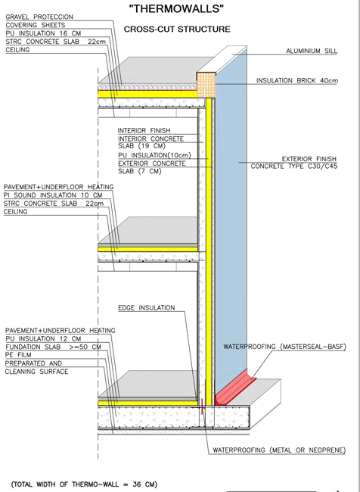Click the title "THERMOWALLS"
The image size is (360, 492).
pyautogui.click(x=177, y=8)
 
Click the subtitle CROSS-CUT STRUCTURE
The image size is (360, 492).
pyautogui.click(x=177, y=30)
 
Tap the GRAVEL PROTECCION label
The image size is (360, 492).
pyautogui.click(x=39, y=17)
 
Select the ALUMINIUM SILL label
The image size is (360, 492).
pyautogui.click(x=312, y=51)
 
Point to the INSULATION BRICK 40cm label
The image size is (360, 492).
pyautogui.click(x=297, y=81)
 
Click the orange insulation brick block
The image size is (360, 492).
pyautogui.click(x=206, y=85)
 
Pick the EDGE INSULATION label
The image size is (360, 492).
pyautogui.click(x=147, y=308)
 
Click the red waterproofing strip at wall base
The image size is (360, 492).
pyautogui.click(x=235, y=388)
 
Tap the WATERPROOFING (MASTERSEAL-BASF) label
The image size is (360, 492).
pyautogui.click(x=284, y=347)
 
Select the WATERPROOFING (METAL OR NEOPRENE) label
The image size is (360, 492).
pyautogui.click(x=279, y=450)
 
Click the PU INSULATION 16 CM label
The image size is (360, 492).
pyautogui.click(x=43, y=33)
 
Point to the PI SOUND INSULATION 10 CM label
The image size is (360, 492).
pyautogui.click(x=53, y=195)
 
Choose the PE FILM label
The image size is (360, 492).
pyautogui.click(x=18, y=355)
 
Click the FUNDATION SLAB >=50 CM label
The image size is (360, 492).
pyautogui.click(x=53, y=347)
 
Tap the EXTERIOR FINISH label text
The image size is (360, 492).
pyautogui.click(x=309, y=159)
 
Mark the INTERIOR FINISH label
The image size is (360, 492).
pyautogui.click(x=144, y=130)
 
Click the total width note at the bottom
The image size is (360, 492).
pyautogui.click(x=84, y=484)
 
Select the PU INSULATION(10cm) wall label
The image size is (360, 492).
pyautogui.click(x=154, y=155)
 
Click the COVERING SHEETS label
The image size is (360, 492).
pyautogui.click(x=36, y=25)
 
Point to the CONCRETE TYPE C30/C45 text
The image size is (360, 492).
pyautogui.click(x=294, y=167)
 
